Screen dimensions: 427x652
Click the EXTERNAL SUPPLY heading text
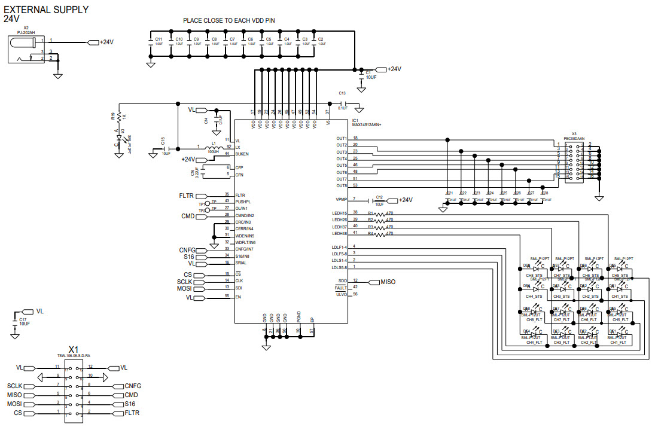click(46, 10)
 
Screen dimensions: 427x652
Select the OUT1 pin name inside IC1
click(342, 139)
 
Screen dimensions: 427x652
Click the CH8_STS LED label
click(534, 276)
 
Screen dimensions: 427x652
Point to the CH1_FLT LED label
click(619, 343)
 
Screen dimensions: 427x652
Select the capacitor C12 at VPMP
click(379, 200)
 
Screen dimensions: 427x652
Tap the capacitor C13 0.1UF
click(343, 103)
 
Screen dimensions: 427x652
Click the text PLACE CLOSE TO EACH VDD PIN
click(229, 20)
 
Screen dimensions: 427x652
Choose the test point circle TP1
click(208, 204)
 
